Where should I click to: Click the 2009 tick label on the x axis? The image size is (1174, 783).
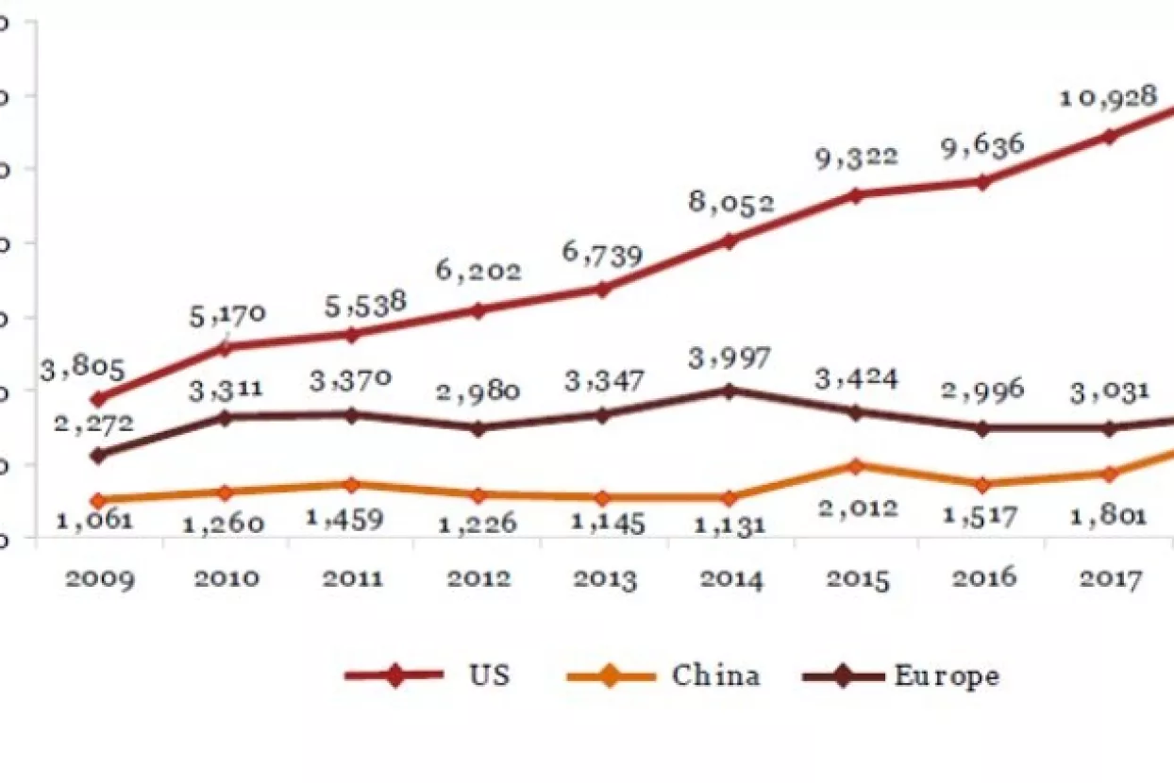coord(99,577)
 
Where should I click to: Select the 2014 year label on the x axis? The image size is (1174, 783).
coord(730,577)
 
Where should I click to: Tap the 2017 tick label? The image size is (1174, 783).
coord(1110,577)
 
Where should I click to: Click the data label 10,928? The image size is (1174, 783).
coord(1109,97)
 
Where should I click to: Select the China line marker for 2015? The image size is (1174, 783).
coord(856,466)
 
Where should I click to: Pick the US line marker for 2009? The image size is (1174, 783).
coord(98,399)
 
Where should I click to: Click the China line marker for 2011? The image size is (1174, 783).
coord(351,484)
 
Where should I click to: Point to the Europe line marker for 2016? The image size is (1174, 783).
coord(982,427)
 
